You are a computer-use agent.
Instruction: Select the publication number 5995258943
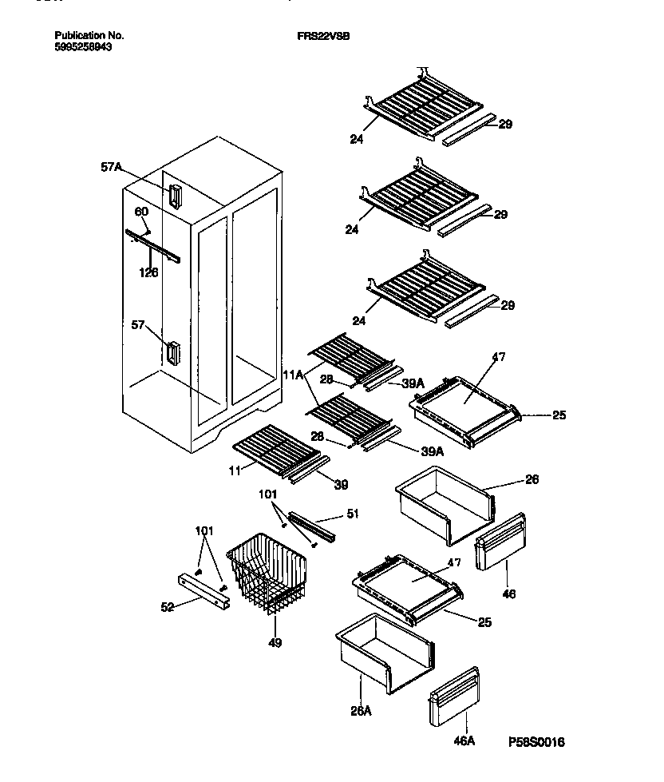click(83, 47)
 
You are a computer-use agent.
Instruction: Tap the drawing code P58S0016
click(536, 742)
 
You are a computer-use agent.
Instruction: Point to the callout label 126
click(148, 272)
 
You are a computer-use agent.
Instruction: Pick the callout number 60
click(141, 212)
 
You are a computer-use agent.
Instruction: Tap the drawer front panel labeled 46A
click(455, 697)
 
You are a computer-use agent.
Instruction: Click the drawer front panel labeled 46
click(500, 543)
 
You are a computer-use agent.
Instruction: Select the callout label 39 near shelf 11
click(340, 485)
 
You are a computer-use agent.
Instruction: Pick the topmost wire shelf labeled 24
click(426, 109)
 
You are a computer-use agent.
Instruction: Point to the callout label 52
click(167, 608)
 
